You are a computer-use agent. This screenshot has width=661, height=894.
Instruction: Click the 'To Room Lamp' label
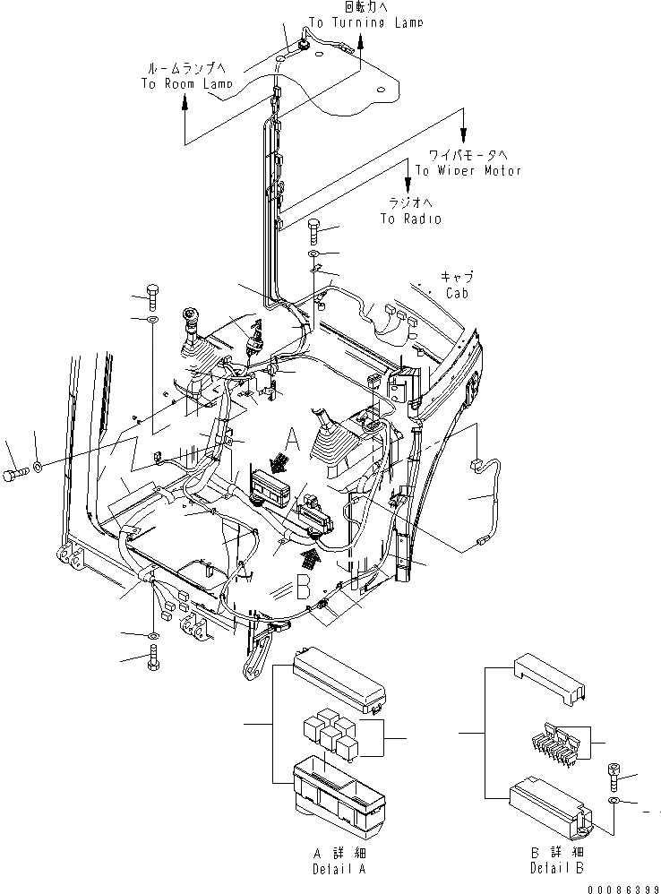(x=185, y=83)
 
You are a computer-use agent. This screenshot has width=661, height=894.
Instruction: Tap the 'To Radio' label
(x=410, y=219)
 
